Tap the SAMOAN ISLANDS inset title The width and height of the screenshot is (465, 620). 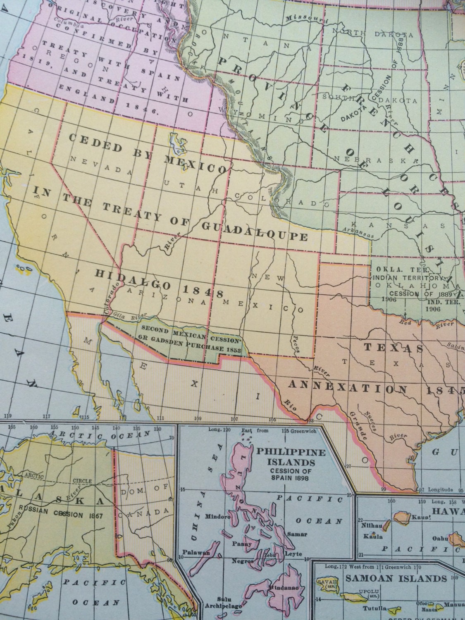pyautogui.click(x=396, y=578)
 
